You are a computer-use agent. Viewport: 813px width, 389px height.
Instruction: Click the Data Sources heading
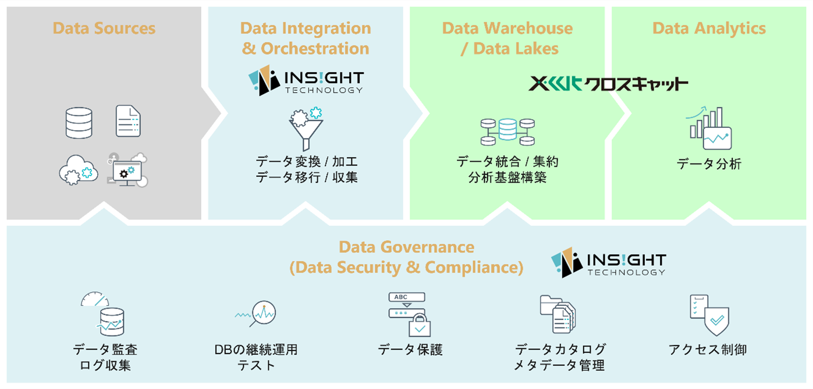point(104,28)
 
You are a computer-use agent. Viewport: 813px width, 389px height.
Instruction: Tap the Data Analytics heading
point(709,28)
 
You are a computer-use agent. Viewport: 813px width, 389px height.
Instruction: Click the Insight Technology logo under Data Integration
point(306,82)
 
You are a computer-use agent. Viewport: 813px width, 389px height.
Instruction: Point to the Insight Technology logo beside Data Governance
point(608,263)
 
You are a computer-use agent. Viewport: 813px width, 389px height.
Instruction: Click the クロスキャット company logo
point(608,84)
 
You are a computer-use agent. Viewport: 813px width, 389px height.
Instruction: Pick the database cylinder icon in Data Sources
point(79,123)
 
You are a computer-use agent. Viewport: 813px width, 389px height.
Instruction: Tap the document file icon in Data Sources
point(129,121)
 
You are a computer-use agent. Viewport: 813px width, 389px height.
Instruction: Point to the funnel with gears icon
point(306,128)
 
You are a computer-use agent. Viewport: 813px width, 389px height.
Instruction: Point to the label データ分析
point(709,164)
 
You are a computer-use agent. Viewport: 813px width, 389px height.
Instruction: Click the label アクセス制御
point(708,349)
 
